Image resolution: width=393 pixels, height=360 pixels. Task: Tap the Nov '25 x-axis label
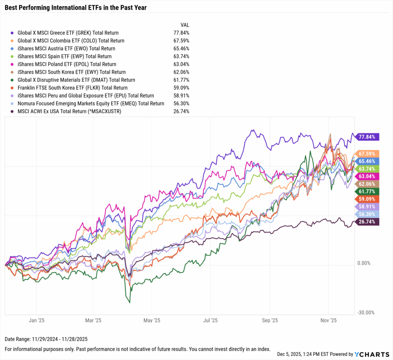(329, 320)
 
